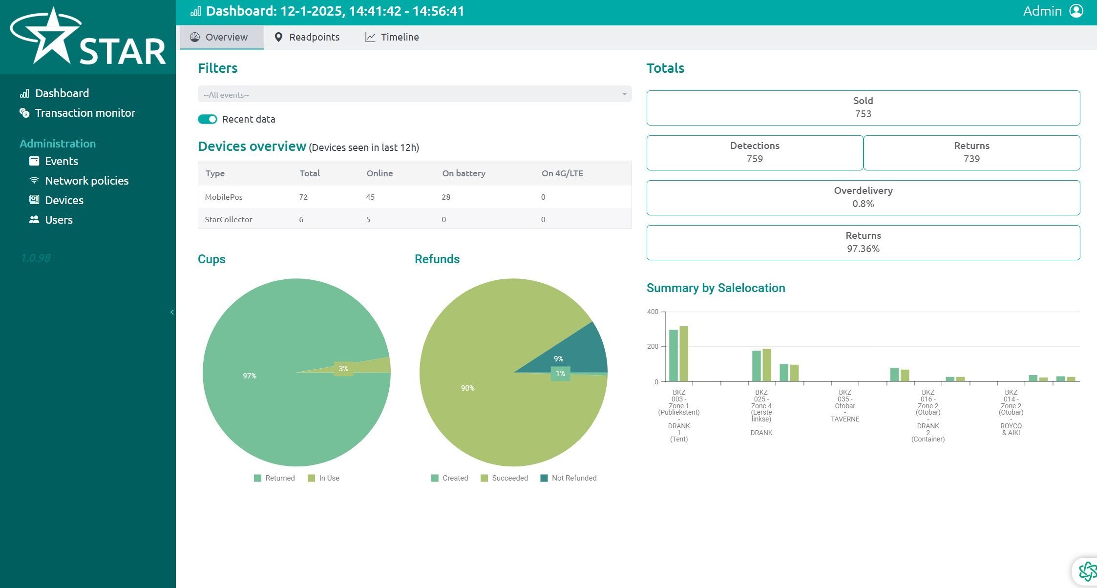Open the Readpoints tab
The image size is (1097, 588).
[x=307, y=37]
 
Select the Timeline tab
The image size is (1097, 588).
[x=392, y=37]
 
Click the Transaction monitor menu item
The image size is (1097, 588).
[x=77, y=113]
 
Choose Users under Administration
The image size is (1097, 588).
[x=51, y=220]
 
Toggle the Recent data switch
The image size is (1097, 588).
[x=208, y=119]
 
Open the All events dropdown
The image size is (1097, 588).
[x=415, y=94]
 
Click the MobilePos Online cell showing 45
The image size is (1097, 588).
[x=370, y=197]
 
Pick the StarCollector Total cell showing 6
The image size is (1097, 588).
[x=301, y=219]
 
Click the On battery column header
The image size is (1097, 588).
[x=464, y=173]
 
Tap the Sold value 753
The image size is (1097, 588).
[x=863, y=114]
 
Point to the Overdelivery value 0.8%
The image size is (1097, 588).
[x=863, y=204]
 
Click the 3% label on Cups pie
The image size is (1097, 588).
[x=343, y=369]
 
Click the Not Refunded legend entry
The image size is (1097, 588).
[x=569, y=478]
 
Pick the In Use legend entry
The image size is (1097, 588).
[x=323, y=478]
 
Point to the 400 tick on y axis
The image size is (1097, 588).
[x=653, y=312]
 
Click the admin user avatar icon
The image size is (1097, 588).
[x=1076, y=11]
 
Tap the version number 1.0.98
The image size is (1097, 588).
[x=35, y=258]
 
